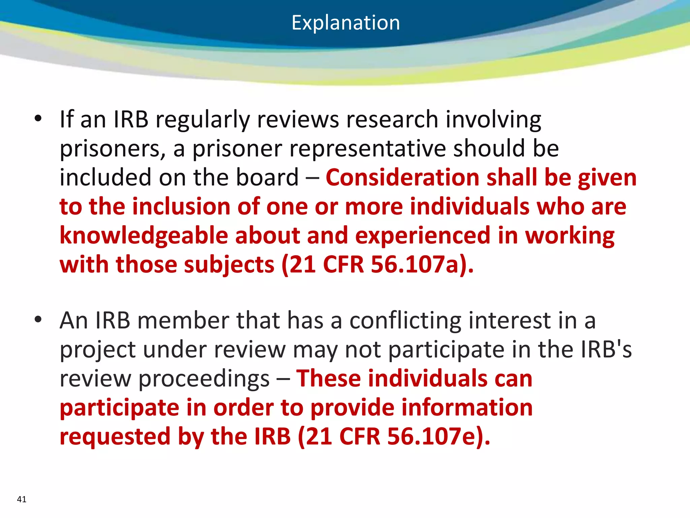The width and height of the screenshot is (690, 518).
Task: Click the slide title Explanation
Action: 346,23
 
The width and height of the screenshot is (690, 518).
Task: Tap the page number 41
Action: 22,499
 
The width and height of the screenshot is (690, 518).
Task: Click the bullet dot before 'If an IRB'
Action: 38,118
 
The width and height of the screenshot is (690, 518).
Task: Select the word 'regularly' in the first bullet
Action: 202,120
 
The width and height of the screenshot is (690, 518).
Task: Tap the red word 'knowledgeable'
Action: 144,236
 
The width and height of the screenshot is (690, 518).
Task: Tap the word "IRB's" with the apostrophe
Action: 606,349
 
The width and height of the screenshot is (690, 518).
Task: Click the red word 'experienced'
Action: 423,236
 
